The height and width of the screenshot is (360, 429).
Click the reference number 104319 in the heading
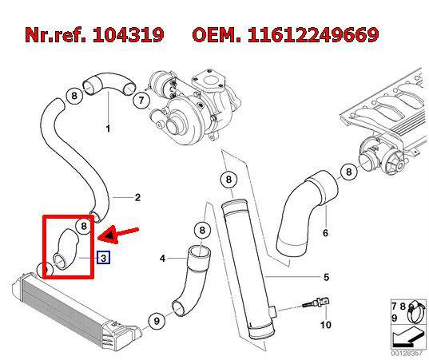(128, 34)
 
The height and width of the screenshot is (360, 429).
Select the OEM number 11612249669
(313, 34)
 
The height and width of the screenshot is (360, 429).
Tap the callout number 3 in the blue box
(103, 258)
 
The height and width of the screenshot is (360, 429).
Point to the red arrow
(118, 235)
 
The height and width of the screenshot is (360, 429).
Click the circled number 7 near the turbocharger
(141, 101)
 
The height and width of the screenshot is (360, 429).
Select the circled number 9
(157, 321)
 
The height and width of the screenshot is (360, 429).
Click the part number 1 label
(108, 129)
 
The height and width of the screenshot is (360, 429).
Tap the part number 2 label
(137, 197)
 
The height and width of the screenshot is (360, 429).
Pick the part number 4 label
(163, 258)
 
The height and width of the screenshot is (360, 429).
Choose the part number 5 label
(326, 277)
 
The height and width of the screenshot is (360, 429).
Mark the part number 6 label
(325, 233)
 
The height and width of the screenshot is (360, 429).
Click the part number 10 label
(326, 325)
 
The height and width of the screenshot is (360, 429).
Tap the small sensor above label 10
(316, 303)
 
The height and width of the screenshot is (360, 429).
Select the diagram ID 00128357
(407, 353)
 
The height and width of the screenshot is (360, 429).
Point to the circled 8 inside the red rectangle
(84, 226)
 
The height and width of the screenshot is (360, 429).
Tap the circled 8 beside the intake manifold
(349, 172)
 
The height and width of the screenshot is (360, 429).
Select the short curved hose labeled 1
(108, 82)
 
